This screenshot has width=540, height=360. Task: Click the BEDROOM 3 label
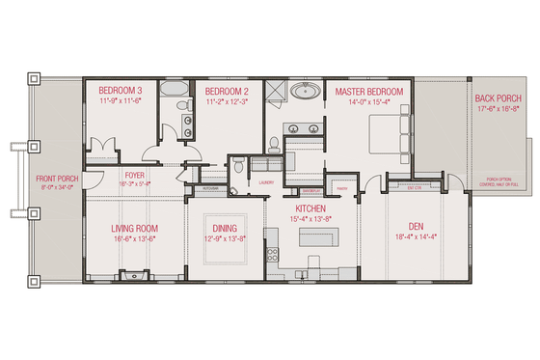(121, 90)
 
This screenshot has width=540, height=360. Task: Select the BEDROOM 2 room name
(228, 90)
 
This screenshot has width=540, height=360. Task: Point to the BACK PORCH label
(498, 98)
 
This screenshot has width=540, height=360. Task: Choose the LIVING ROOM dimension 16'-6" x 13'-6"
(134, 240)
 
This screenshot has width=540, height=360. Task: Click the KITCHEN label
(309, 209)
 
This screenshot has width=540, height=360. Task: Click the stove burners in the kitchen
(272, 255)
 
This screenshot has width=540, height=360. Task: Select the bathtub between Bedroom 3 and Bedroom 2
(175, 92)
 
